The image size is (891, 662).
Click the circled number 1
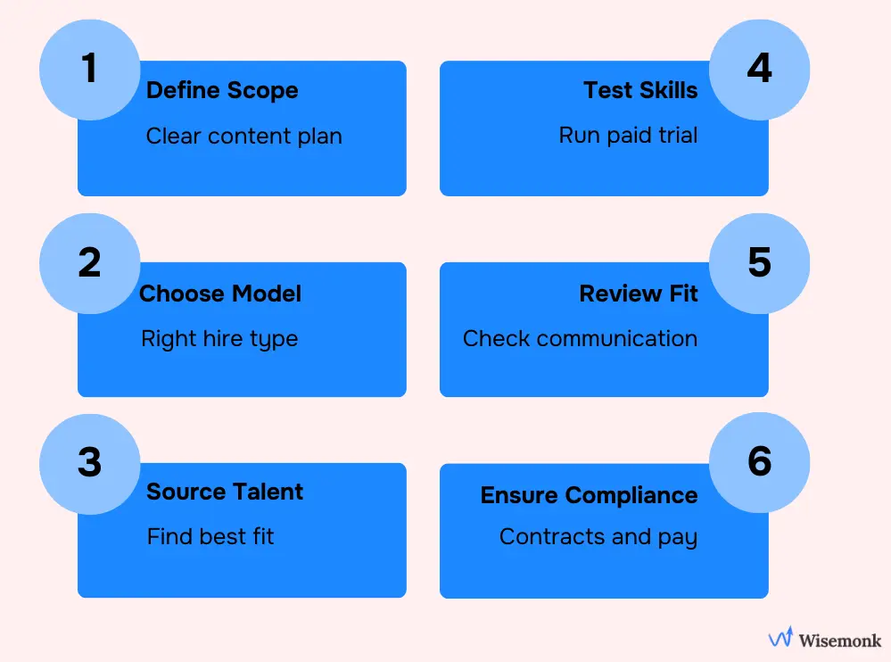coord(89,70)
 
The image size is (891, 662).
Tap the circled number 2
coord(89,263)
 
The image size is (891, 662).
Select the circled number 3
coord(89,463)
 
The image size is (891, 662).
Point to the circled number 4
coord(759,70)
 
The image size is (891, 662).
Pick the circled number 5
coord(759,263)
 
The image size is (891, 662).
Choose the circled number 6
coord(759,463)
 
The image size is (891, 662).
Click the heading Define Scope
coord(222,90)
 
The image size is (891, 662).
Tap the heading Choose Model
coord(220,294)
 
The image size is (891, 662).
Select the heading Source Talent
coord(225,492)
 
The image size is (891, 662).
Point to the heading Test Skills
coord(640,90)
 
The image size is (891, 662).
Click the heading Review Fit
coord(639,294)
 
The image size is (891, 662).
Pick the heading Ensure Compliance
coord(589,495)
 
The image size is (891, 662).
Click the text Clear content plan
coord(243,137)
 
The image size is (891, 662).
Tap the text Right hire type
coord(219,340)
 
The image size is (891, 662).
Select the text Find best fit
coord(210,537)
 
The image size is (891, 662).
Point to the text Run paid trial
coord(628,136)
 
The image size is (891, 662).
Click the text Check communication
coord(580,339)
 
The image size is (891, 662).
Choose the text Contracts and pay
coord(598,537)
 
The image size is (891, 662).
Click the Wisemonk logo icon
coord(780,639)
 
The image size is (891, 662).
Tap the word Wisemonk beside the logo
coord(840,640)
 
